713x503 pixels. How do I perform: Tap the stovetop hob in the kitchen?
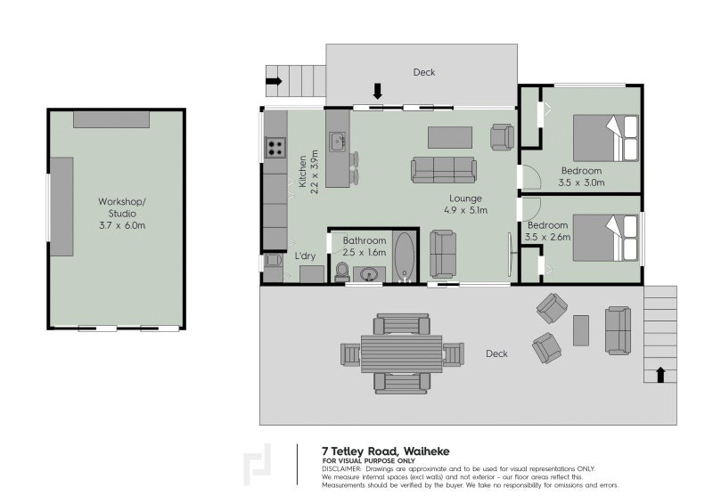(x=275, y=147)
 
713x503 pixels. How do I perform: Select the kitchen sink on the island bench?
(x=337, y=142)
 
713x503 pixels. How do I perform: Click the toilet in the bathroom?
(x=342, y=272)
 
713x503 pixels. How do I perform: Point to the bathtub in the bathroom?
(x=405, y=257)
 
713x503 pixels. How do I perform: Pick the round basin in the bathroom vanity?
(x=369, y=274)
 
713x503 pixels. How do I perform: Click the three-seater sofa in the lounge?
(x=444, y=170)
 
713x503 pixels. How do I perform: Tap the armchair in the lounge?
(x=502, y=137)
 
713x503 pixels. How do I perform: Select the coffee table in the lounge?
(x=450, y=137)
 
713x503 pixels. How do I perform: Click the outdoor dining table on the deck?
(x=402, y=354)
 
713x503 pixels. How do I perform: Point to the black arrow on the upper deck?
(x=377, y=91)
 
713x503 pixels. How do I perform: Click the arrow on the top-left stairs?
(x=274, y=81)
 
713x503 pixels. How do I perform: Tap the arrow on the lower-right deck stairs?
(x=660, y=375)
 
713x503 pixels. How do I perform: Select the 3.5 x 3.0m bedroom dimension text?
(x=581, y=183)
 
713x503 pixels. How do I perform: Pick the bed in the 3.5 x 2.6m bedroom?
(x=606, y=238)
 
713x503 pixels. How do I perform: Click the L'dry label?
(x=305, y=256)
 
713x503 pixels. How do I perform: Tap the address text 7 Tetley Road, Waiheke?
(x=386, y=451)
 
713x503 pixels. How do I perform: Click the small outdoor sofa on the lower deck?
(x=618, y=330)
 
